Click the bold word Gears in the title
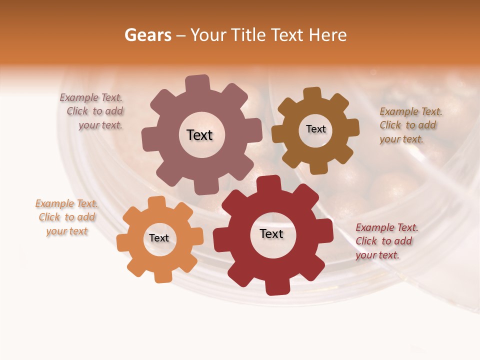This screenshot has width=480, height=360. pos(147,35)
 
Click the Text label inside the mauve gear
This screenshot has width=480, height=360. pos(199,135)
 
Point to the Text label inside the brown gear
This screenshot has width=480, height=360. pos(315,129)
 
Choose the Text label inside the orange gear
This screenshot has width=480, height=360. pos(158,238)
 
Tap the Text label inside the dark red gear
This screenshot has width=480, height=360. pos(271,233)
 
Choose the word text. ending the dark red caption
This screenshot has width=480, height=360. pos(388,255)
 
